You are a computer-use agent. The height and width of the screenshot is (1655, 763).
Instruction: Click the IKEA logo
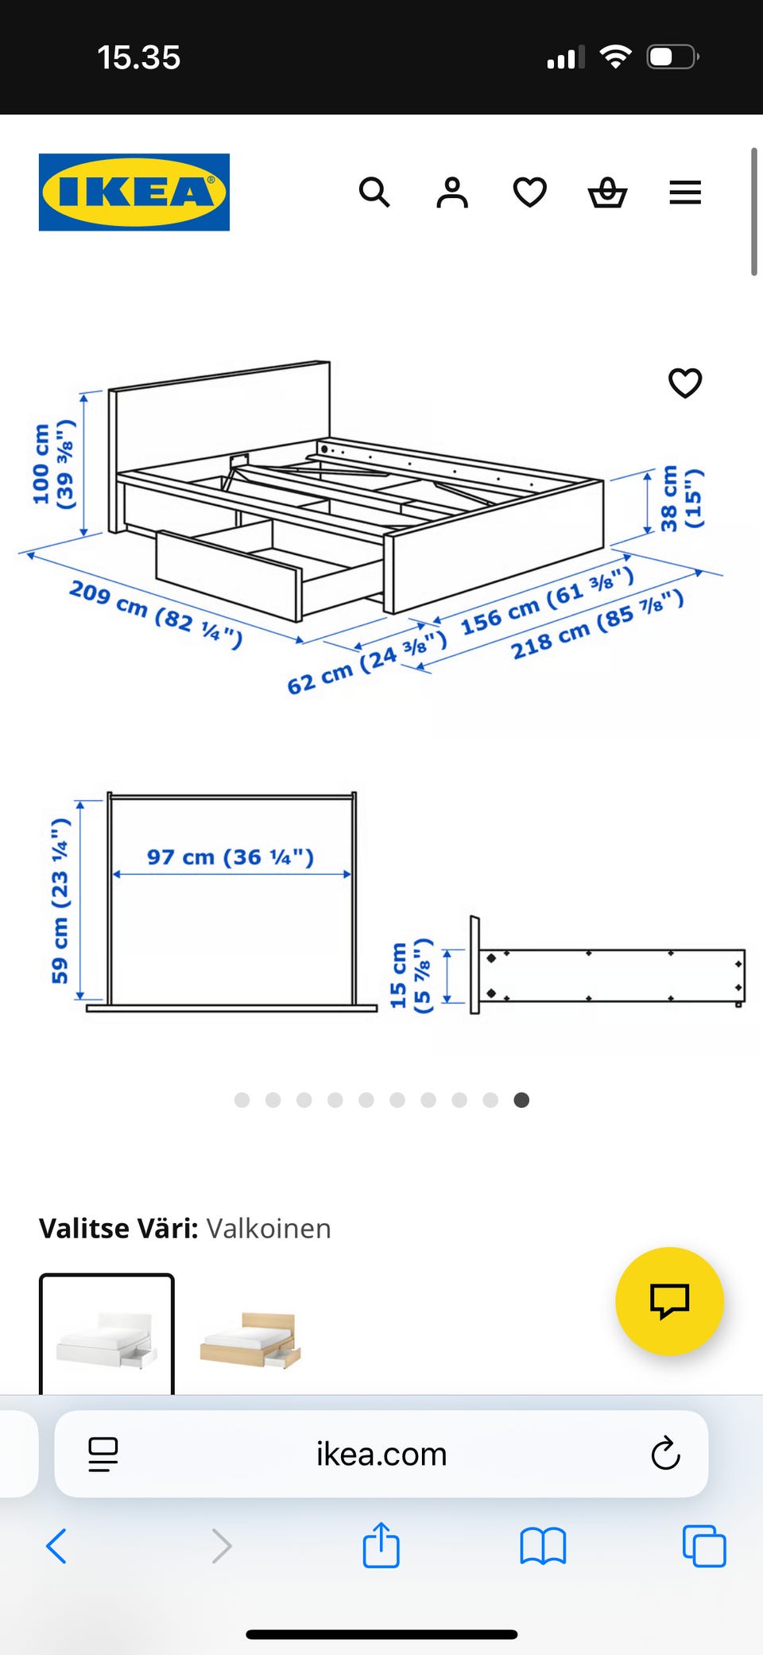(x=134, y=192)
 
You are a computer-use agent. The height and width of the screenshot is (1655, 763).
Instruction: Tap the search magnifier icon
(x=374, y=192)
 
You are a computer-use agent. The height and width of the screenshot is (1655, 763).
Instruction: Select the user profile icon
(x=452, y=192)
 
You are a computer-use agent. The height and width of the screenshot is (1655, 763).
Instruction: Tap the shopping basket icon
(x=607, y=192)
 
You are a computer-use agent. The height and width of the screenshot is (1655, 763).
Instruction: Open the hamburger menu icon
(x=685, y=192)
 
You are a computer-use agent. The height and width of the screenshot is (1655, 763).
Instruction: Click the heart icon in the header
(x=530, y=192)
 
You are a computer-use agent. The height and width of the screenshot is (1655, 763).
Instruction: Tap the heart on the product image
(x=685, y=383)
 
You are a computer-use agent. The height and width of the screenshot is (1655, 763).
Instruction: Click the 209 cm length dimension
(x=156, y=614)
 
